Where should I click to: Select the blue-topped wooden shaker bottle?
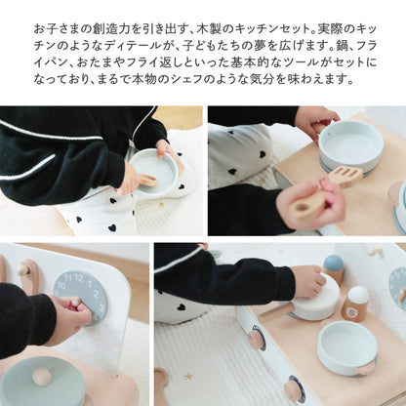click(334, 269)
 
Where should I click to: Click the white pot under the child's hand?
click(318, 304)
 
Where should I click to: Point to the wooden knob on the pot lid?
click(42, 377)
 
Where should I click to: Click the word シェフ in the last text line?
click(214, 80)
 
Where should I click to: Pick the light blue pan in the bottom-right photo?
click(347, 346)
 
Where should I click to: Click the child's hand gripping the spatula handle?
click(309, 200)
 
